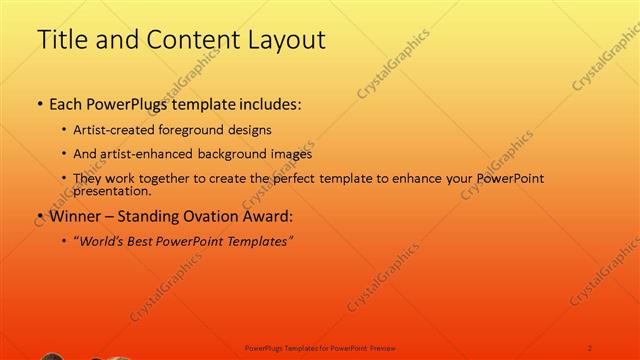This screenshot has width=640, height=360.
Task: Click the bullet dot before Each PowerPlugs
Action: coord(39,104)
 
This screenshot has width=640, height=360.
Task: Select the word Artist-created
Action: coord(108,130)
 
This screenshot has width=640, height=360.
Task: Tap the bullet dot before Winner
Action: coord(39,216)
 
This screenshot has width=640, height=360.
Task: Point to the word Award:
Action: coord(272,216)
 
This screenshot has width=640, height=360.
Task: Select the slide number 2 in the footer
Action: coord(589,347)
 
